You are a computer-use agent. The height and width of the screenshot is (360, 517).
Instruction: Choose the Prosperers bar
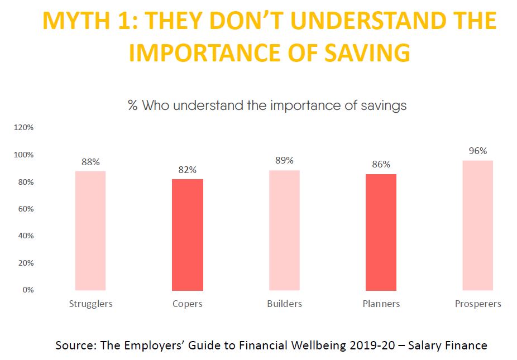[x=478, y=225]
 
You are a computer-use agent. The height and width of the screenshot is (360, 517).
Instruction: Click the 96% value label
[x=478, y=151]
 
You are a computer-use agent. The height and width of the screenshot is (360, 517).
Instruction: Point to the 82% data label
[x=188, y=170]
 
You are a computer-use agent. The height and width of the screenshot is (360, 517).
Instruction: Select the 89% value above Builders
[x=284, y=161]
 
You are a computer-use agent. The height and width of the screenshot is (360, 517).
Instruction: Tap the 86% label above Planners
[x=381, y=165]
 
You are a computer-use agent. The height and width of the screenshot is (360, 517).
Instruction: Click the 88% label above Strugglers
[x=90, y=162]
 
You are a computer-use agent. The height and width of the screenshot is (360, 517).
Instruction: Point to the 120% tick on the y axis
[x=23, y=127]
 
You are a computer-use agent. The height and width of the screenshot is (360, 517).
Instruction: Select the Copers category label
[x=188, y=304]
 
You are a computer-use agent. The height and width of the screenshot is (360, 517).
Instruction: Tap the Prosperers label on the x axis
[x=478, y=304]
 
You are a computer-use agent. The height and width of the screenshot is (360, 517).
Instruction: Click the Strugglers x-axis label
[x=90, y=304]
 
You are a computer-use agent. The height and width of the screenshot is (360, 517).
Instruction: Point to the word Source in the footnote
[x=75, y=345]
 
